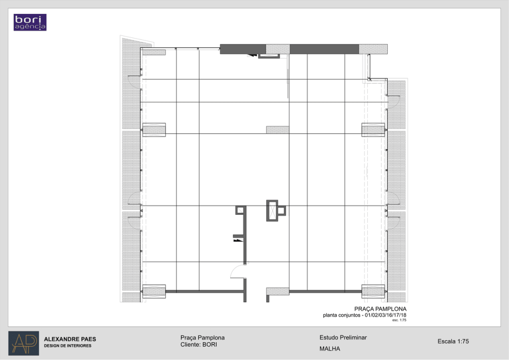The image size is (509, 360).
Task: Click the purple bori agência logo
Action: click(x=30, y=22)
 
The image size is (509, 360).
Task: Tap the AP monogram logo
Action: click(x=24, y=343)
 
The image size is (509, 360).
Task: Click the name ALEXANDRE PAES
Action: click(x=70, y=339)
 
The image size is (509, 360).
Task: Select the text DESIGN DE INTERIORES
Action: click(x=68, y=346)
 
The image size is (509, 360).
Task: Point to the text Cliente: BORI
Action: click(x=199, y=345)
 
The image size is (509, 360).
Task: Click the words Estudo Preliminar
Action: click(x=343, y=338)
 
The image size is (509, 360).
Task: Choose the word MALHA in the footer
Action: click(x=330, y=349)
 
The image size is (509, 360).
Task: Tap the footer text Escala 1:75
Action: click(x=453, y=341)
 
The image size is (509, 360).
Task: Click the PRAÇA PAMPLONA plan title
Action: click(x=380, y=309)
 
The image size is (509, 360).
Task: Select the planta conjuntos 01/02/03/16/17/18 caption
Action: click(x=364, y=315)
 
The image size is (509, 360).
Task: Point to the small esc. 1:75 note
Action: click(x=399, y=320)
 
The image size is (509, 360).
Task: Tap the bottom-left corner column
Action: click(x=154, y=291)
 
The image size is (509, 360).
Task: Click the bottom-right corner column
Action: click(x=373, y=291)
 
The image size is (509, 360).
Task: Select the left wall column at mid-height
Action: click(x=154, y=130)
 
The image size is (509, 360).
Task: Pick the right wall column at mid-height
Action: click(x=373, y=130)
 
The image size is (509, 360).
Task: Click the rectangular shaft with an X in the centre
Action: click(x=272, y=211)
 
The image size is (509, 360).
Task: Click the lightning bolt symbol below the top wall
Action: click(x=252, y=55)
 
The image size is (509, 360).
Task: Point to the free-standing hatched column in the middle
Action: click(x=277, y=130)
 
